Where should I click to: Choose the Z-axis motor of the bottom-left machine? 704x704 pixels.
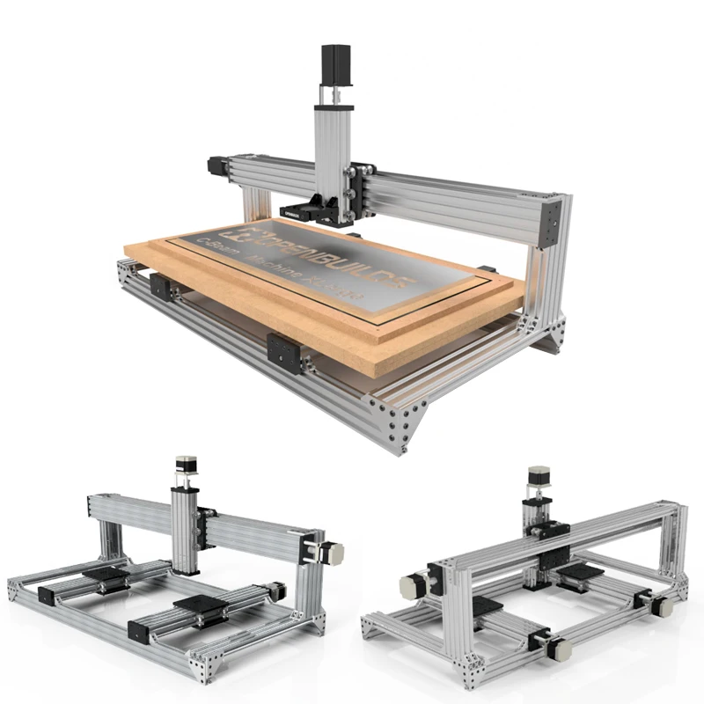(186, 466)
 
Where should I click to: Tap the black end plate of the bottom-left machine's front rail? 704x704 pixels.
(140, 632)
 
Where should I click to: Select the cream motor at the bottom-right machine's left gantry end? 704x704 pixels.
(412, 586)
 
